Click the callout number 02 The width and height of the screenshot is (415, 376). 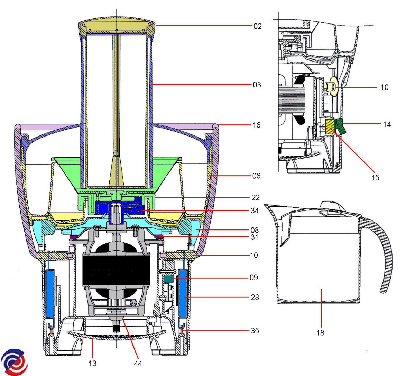(258, 26)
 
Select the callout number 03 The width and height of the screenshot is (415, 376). (257, 85)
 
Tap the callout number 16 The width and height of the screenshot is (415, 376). (257, 125)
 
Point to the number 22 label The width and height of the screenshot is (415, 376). (256, 198)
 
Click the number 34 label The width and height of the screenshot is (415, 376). (255, 210)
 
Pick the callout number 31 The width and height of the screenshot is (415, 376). (255, 237)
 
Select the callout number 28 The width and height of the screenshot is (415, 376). (255, 298)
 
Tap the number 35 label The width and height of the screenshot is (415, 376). (255, 331)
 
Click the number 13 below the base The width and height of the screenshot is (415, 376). (92, 363)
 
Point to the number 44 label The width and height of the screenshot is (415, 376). (138, 364)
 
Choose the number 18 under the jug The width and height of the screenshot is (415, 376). (320, 333)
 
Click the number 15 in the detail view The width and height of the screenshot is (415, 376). (375, 177)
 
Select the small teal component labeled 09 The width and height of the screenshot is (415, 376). (169, 279)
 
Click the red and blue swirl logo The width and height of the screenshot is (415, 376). (14, 362)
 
